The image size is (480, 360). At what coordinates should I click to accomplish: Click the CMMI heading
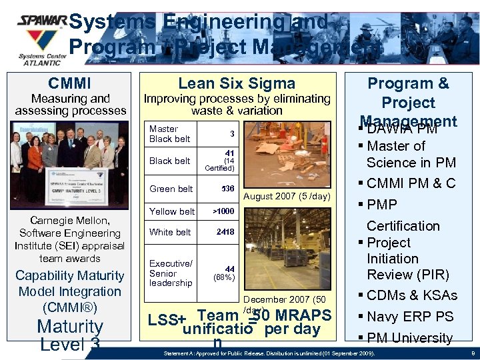pyautogui.click(x=69, y=83)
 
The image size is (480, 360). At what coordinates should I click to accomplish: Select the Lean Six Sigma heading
pyautogui.click(x=237, y=83)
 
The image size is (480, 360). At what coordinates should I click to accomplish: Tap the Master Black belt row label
pyautogui.click(x=169, y=134)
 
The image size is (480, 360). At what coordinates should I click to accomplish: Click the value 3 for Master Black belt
pyautogui.click(x=231, y=133)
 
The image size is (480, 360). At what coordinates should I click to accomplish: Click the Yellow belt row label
pyautogui.click(x=172, y=211)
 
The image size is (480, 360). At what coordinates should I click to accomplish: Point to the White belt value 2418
pyautogui.click(x=225, y=232)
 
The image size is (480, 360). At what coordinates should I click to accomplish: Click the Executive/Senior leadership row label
pyautogui.click(x=171, y=273)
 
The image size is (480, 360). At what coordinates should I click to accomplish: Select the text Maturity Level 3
pyautogui.click(x=70, y=335)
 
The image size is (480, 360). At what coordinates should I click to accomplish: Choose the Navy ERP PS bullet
pyautogui.click(x=409, y=317)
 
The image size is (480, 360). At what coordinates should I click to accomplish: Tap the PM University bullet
pyautogui.click(x=409, y=338)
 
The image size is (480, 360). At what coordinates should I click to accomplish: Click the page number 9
pyautogui.click(x=472, y=352)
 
